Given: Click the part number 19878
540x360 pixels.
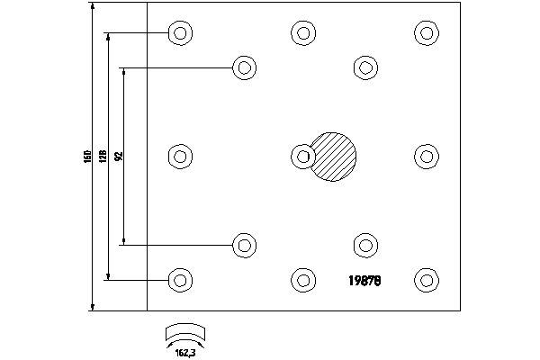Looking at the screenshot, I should pyautogui.click(x=364, y=279).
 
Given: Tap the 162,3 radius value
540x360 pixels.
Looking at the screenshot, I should pyautogui.click(x=185, y=351).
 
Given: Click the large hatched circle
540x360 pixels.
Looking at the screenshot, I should pyautogui.click(x=334, y=156).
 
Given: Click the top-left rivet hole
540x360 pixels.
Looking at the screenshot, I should pyautogui.click(x=181, y=34).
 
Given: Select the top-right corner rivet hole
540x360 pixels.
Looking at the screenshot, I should pyautogui.click(x=427, y=34).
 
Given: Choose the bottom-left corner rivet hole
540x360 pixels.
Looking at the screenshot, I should pyautogui.click(x=181, y=279).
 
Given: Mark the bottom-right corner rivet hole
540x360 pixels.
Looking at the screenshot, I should pyautogui.click(x=427, y=279).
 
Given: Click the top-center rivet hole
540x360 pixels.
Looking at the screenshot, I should pyautogui.click(x=303, y=34).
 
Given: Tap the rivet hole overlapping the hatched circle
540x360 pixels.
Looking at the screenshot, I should pyautogui.click(x=303, y=157).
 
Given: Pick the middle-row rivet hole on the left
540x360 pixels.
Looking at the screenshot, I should pyautogui.click(x=181, y=157).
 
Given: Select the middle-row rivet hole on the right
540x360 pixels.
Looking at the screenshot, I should pyautogui.click(x=427, y=157).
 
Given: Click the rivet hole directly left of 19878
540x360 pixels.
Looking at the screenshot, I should pyautogui.click(x=303, y=279).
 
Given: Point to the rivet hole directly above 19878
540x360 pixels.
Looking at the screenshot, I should pyautogui.click(x=364, y=244).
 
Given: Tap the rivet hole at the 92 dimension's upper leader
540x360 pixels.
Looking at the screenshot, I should pyautogui.click(x=243, y=67).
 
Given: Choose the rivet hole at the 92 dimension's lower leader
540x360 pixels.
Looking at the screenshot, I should pyautogui.click(x=243, y=244).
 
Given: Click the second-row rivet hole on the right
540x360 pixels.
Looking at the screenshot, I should pyautogui.click(x=364, y=67).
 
